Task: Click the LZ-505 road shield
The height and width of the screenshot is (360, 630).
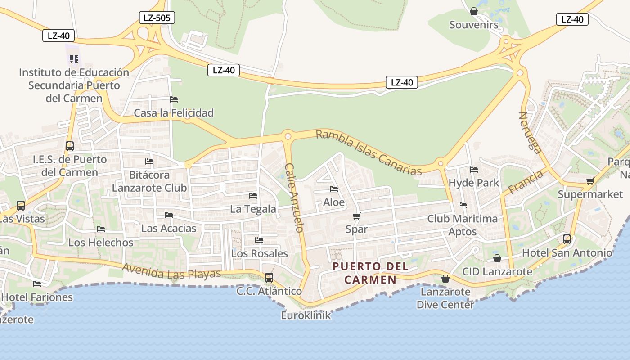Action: [157, 18]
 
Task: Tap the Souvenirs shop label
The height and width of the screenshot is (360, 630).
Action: [474, 25]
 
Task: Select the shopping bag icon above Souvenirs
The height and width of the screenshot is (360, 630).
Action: [474, 11]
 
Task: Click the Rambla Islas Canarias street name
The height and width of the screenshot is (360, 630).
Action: [369, 153]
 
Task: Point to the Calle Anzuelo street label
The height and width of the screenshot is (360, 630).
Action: [294, 197]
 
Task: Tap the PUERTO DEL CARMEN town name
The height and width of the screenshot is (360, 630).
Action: [370, 273]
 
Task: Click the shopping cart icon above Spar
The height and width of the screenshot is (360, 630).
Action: [357, 216]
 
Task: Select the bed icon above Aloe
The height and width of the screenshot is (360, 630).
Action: [334, 189]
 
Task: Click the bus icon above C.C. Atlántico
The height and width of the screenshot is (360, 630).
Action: [269, 277]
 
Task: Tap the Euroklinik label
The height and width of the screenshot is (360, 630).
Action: [306, 315]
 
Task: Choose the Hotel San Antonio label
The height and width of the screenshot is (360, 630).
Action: [567, 253]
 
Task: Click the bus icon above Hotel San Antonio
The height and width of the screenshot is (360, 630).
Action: [567, 239]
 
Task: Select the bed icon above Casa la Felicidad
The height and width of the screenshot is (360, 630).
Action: [174, 99]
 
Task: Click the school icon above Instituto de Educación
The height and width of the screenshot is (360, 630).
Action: [74, 58]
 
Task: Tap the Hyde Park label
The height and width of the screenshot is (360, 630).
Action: [474, 183]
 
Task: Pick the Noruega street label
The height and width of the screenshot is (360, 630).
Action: [530, 132]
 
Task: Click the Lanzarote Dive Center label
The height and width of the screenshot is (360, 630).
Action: [445, 298]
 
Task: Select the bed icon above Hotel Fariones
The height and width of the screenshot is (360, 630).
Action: [37, 284]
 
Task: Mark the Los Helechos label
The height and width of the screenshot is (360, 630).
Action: [101, 243]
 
